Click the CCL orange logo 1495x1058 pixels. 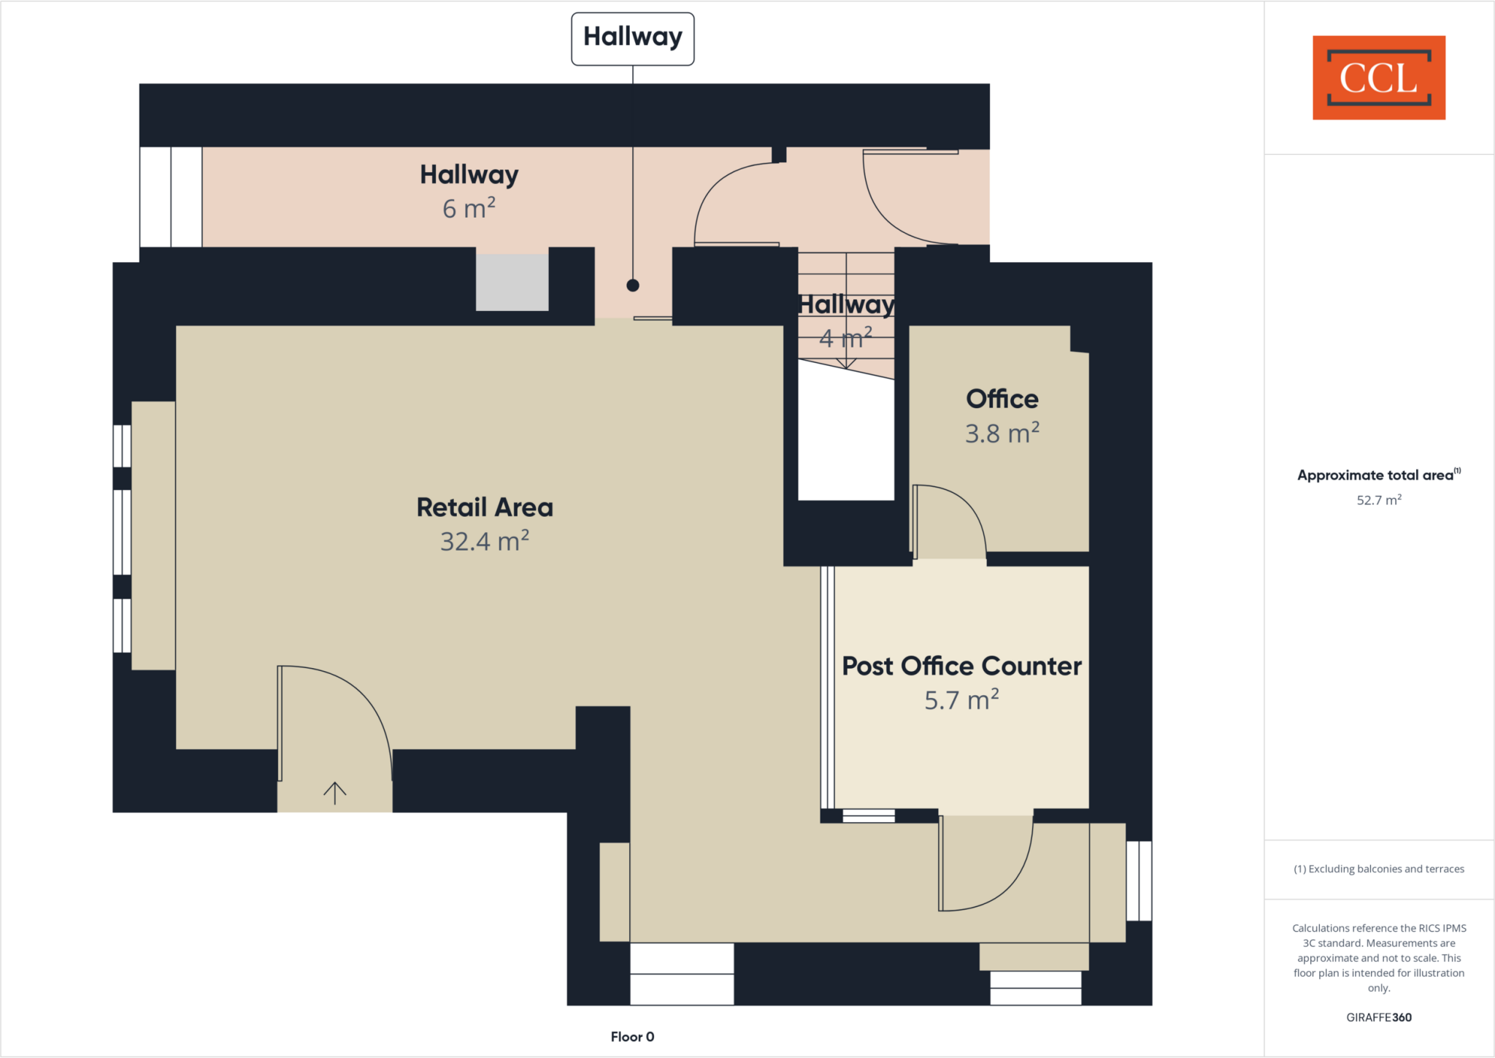pyautogui.click(x=1378, y=77)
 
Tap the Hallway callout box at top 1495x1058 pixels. pyautogui.click(x=632, y=38)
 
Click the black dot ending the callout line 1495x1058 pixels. pyautogui.click(x=633, y=285)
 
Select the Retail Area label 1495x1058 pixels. pyautogui.click(x=485, y=507)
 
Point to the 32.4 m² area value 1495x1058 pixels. pyautogui.click(x=485, y=542)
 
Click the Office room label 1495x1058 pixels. pyautogui.click(x=1002, y=399)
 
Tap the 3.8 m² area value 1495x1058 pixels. pyautogui.click(x=1002, y=434)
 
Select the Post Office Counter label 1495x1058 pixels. pyautogui.click(x=961, y=666)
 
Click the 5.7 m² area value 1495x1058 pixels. pyautogui.click(x=961, y=700)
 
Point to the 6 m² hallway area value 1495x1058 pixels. pyautogui.click(x=469, y=209)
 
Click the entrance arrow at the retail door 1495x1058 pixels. pyautogui.click(x=335, y=793)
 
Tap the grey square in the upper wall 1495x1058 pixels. pyautogui.click(x=512, y=282)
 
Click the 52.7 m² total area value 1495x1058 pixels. pyautogui.click(x=1378, y=500)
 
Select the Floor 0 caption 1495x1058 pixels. pyautogui.click(x=632, y=1037)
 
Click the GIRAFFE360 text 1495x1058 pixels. pyautogui.click(x=1378, y=1017)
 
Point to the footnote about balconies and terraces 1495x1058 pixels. pyautogui.click(x=1378, y=869)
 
